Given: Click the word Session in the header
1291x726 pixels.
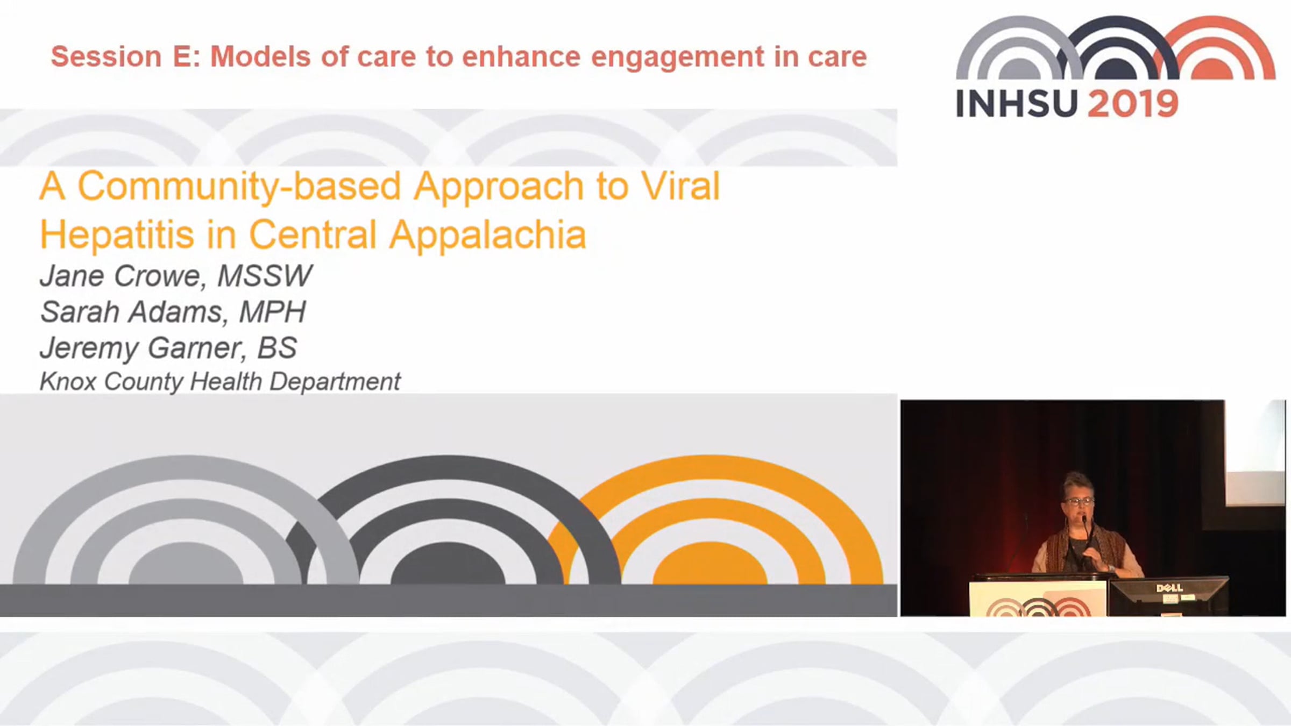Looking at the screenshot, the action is pos(106,56).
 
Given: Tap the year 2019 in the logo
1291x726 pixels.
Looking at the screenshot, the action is pos(1133,104).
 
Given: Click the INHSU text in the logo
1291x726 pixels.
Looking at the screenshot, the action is pos(1017,104).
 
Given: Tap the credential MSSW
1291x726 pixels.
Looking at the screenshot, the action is pos(265,276).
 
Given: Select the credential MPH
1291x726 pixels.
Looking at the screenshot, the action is pos(273,312).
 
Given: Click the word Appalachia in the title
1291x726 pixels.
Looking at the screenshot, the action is pos(487,236).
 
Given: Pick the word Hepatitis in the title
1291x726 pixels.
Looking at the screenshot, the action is pos(117,236).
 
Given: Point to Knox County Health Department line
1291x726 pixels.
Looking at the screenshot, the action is pos(220,382).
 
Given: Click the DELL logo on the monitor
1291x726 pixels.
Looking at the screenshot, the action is pos(1169,588).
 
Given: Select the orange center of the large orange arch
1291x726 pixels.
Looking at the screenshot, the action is pos(710,565).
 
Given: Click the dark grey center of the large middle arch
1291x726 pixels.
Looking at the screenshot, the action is pos(448,565).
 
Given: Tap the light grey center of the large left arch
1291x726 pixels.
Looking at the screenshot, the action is pos(186,565).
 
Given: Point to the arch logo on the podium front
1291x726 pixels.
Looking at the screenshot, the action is pos(1038,607).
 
